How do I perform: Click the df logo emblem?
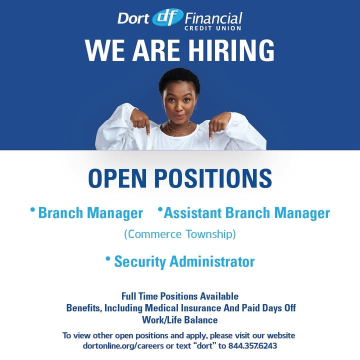(x=168, y=17)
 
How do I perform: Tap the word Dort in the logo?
(x=133, y=18)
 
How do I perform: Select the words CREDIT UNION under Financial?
(x=213, y=28)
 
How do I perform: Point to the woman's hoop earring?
(x=195, y=106)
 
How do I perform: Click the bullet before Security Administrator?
(x=107, y=258)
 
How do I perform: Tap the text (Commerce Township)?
(x=179, y=234)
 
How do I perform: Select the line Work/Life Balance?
(x=179, y=319)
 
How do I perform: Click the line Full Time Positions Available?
(x=179, y=296)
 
